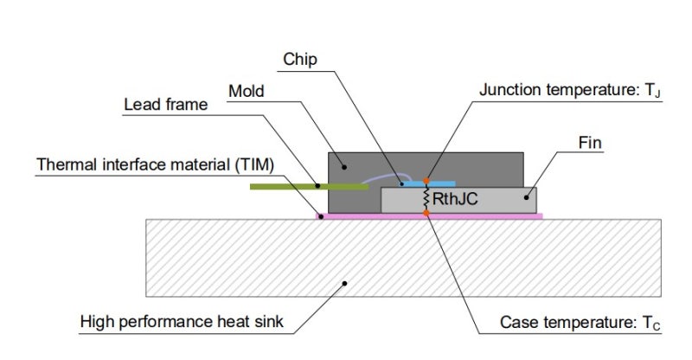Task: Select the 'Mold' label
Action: [247, 90]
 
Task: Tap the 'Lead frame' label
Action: [166, 105]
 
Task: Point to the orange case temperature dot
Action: [426, 212]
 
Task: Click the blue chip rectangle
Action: [441, 183]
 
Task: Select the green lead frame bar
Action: [285, 185]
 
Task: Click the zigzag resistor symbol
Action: [426, 197]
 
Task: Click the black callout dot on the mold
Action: [343, 167]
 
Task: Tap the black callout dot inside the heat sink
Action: [346, 282]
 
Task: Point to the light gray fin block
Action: [493, 200]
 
